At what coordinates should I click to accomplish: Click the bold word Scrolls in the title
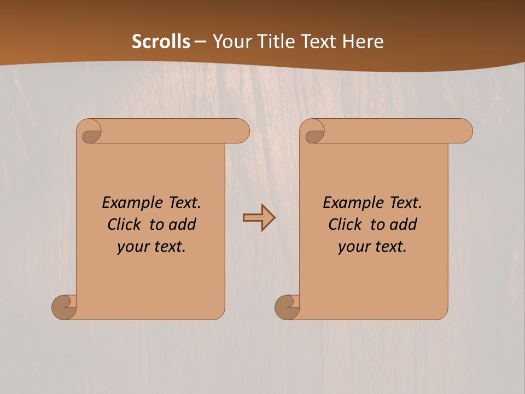[x=161, y=42]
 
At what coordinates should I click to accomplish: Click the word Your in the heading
[x=232, y=42]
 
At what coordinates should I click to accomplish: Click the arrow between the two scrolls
[x=259, y=218]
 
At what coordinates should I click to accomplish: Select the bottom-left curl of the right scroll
[x=288, y=308]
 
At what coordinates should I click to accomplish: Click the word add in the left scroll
[x=183, y=224]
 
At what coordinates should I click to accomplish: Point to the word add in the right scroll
[x=404, y=224]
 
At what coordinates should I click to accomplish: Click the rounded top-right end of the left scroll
[x=241, y=131]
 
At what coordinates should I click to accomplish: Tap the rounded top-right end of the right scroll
[x=464, y=131]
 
